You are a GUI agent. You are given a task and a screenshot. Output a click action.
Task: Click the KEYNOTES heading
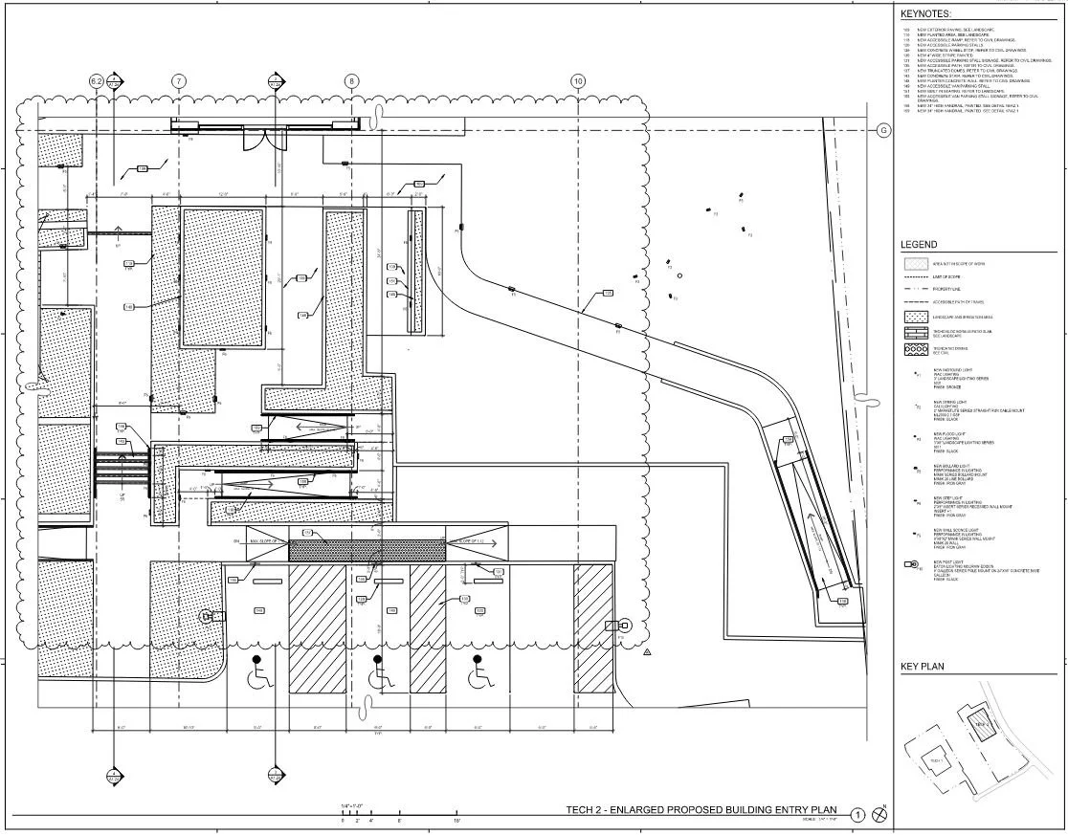coord(923,14)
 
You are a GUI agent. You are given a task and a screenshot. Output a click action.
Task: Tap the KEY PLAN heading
coord(922,667)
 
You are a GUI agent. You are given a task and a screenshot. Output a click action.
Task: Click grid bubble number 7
coord(179,82)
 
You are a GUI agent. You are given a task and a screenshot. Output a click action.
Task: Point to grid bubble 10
coord(577,82)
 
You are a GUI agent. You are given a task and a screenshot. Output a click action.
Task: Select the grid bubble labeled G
coord(883,131)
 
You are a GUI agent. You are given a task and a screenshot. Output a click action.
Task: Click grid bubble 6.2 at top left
coord(96,82)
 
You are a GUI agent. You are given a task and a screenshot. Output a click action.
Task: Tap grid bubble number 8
coord(352,82)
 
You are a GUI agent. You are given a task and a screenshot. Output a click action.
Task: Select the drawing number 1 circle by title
coord(858,815)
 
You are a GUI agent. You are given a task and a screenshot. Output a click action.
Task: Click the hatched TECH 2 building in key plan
coord(981,724)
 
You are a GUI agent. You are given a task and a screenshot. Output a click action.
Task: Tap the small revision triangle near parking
coord(647,651)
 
